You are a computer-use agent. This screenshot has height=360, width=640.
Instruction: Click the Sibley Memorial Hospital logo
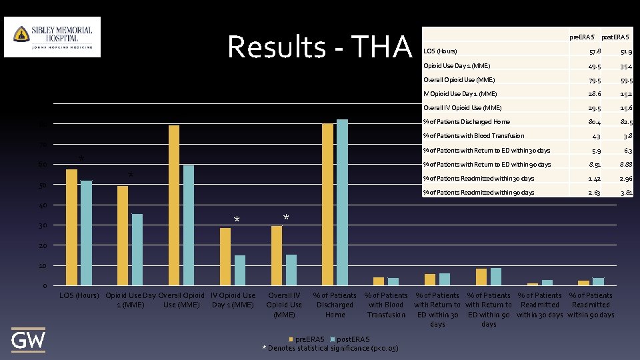53,37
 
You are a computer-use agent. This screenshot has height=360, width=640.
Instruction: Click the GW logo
29,341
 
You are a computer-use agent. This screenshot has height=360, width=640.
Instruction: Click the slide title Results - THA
320,47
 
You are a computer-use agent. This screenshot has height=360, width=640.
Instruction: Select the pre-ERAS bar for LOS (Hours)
71,227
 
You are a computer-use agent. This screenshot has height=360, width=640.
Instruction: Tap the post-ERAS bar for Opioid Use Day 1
137,249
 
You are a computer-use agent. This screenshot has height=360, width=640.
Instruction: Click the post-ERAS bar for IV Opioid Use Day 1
240,270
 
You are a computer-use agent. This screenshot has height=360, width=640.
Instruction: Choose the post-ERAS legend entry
351,340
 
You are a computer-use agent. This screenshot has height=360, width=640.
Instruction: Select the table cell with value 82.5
626,122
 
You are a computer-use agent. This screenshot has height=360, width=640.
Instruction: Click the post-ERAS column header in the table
617,35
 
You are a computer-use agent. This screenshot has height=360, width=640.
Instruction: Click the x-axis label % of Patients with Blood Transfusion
386,305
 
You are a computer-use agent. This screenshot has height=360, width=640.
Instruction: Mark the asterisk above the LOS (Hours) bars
81,159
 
